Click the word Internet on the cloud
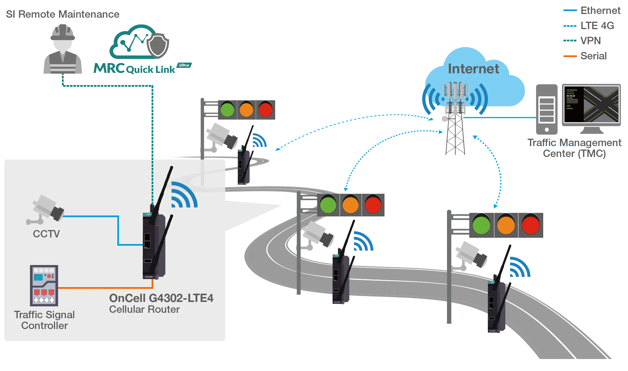(x=473, y=69)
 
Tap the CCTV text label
(x=46, y=234)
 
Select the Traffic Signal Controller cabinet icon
(x=44, y=285)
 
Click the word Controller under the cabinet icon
(x=45, y=326)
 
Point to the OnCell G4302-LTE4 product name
(x=161, y=298)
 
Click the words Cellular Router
(x=144, y=309)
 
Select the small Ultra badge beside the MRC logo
(x=184, y=65)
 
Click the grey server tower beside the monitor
(x=547, y=108)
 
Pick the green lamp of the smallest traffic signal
(x=227, y=109)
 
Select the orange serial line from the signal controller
(x=106, y=288)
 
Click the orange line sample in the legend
(x=570, y=56)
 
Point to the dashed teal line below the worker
(x=108, y=85)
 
